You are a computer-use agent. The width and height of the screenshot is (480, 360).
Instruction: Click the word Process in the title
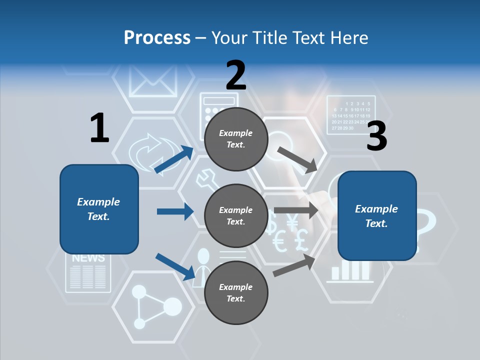pos(157,37)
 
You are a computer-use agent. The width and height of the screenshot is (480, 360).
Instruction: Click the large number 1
pos(99,128)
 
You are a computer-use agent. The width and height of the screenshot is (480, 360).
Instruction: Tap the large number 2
pos(235,75)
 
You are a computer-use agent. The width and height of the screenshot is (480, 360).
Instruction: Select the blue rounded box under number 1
pos(99,209)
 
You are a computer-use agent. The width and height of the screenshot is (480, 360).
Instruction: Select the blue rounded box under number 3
pos(377,215)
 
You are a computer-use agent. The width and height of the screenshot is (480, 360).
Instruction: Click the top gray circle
pos(236,139)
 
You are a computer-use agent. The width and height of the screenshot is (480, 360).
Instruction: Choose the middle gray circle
pos(236,215)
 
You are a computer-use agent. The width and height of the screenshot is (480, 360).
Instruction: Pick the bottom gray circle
pos(236,292)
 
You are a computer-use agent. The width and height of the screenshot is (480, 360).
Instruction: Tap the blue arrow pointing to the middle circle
pos(175,211)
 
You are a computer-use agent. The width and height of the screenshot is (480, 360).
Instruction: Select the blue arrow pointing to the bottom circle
pos(175,266)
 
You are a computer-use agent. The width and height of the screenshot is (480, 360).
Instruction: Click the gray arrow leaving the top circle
pos(297,159)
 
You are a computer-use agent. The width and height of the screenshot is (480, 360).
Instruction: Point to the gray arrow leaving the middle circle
pos(296,210)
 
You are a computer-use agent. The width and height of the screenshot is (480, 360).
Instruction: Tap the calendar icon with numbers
pos(351,115)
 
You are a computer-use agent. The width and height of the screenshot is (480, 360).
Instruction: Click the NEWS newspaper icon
pos(88,272)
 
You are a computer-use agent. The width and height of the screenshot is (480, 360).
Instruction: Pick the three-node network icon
pos(155,306)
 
